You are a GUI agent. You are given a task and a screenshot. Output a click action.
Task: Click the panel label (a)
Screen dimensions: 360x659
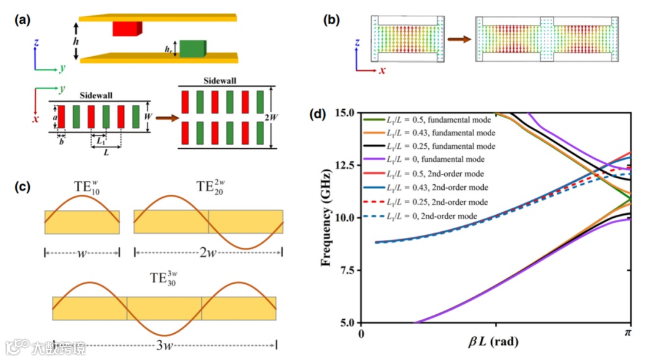click(x=23, y=19)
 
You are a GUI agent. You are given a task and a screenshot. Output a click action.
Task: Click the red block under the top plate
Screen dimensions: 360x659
click(x=127, y=28)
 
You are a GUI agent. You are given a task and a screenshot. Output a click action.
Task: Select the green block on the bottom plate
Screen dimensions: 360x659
click(x=193, y=48)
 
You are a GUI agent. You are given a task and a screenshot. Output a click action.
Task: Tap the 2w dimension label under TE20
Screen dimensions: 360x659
click(x=208, y=252)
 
